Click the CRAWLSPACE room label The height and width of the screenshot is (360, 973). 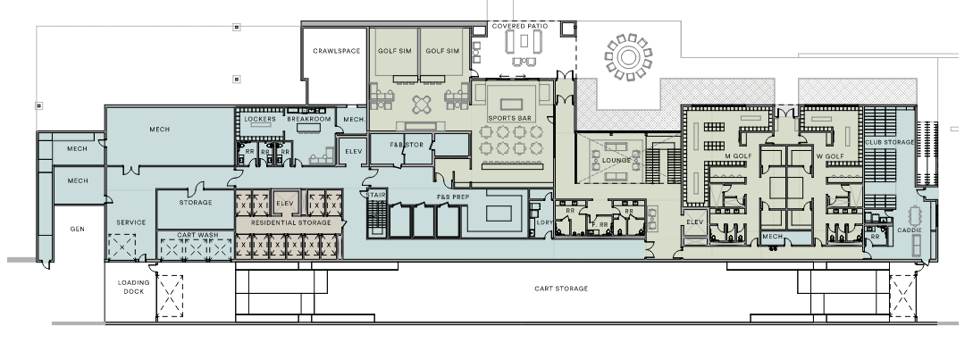coord(336,51)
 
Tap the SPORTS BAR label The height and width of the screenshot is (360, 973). coord(509,118)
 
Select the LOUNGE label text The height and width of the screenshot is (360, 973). coord(617,160)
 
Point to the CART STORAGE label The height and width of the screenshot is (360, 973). coord(561,289)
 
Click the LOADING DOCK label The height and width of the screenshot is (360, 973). coord(134,287)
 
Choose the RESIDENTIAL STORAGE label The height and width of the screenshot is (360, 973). coord(290,222)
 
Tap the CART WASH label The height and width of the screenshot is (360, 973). coord(196,235)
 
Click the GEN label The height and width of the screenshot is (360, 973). coord(77,229)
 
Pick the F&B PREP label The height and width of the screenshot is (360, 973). coord(453,197)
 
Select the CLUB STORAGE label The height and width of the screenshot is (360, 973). coord(890,142)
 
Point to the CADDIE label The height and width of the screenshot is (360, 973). coord(909,230)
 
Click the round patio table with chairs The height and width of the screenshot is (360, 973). coord(629,57)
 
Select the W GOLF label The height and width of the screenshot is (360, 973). coord(830,156)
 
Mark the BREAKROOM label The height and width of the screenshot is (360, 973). coord(308,119)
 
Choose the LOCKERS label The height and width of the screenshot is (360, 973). coord(260,119)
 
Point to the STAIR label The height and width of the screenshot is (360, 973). coord(375,196)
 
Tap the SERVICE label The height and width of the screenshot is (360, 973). coord(131,222)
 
